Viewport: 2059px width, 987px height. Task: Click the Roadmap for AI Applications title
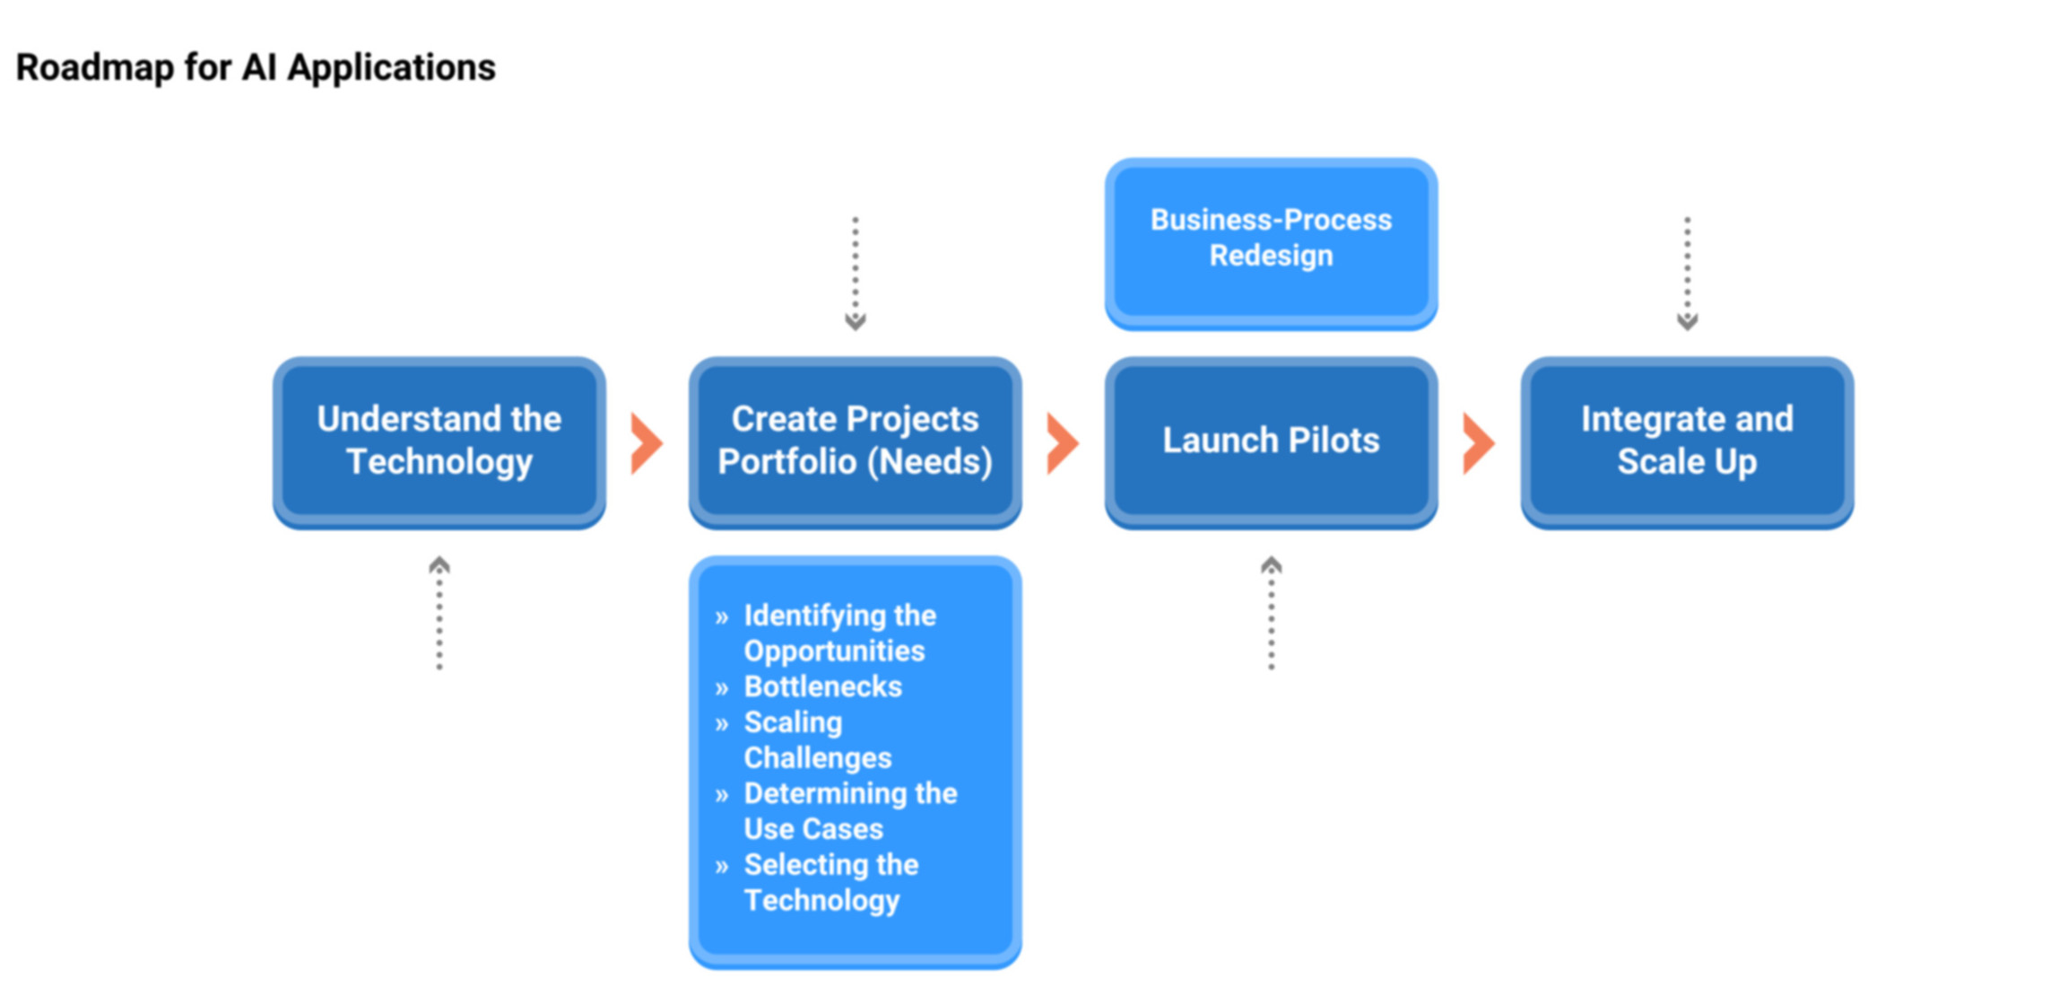256,68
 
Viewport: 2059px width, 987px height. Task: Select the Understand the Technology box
439,442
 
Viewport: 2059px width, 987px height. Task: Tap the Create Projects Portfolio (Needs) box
855,442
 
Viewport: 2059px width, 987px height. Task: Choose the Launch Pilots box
1271,442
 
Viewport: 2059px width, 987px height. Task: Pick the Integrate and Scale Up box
1687,442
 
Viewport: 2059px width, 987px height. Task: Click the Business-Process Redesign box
1271,244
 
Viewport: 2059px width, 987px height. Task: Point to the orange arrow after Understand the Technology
647,443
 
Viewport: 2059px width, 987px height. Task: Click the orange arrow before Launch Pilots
1063,443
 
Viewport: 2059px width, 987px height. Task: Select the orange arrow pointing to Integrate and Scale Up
1479,443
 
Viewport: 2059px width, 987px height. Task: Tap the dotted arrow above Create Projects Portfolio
856,274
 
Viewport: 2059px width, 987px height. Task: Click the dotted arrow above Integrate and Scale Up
1688,274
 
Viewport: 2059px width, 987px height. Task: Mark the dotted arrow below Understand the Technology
439,613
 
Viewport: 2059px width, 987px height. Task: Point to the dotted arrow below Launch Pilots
1272,613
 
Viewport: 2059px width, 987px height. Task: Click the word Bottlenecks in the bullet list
822,686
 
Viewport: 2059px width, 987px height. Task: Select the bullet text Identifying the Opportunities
840,633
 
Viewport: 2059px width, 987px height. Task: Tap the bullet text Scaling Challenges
818,740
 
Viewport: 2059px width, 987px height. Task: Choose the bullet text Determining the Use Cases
851,811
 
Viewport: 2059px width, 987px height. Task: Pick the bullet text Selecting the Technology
831,883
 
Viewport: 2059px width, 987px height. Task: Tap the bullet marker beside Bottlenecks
722,688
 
